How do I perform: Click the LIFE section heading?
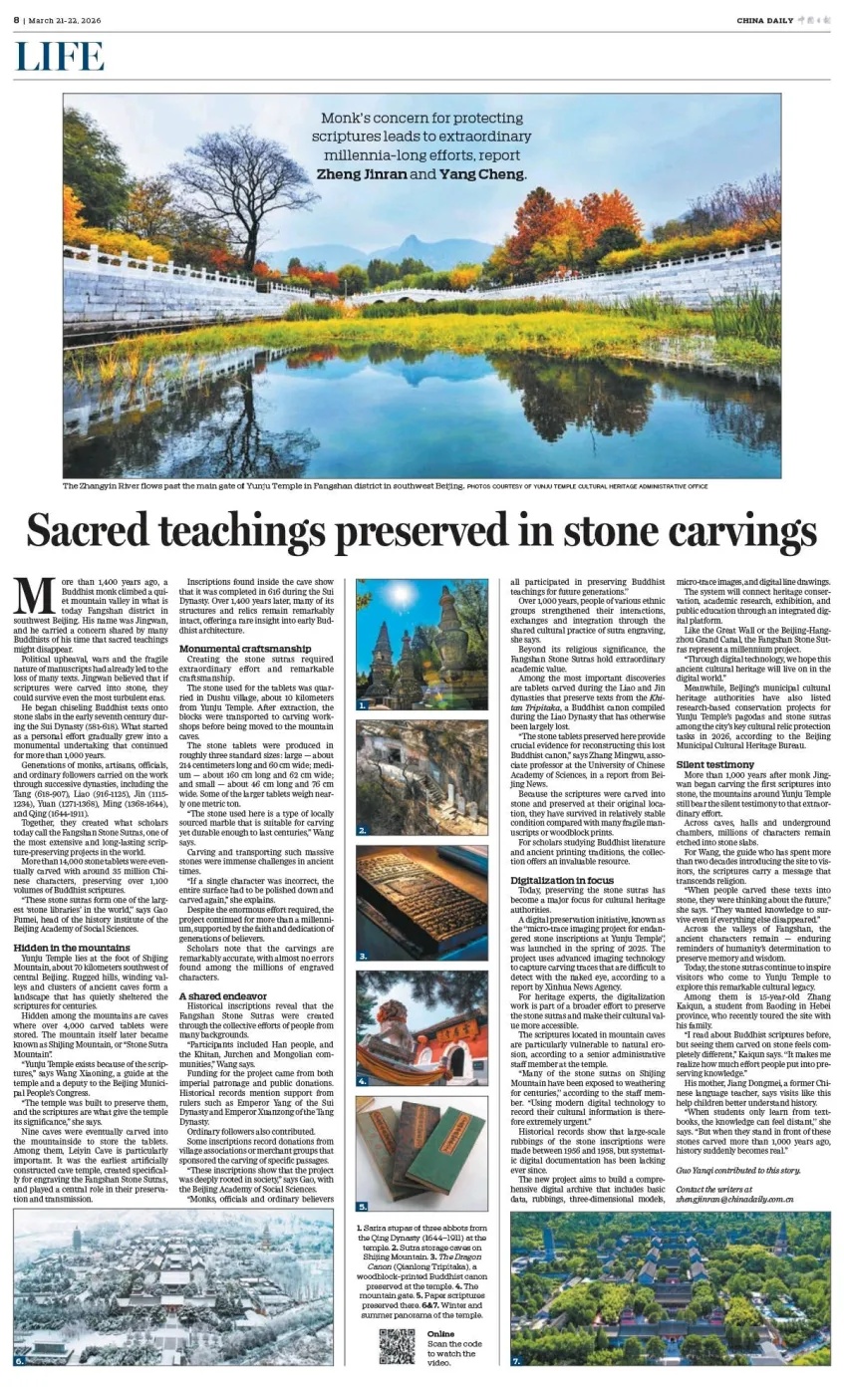(x=60, y=57)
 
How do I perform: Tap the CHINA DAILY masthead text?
(x=765, y=20)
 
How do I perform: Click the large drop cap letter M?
(x=34, y=596)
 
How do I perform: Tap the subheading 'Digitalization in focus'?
(x=562, y=881)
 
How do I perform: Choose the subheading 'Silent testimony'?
(x=715, y=764)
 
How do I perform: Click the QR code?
(x=397, y=1346)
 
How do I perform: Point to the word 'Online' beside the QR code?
(x=440, y=1333)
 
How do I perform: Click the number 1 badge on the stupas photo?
(x=364, y=703)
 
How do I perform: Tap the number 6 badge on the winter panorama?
(x=19, y=1360)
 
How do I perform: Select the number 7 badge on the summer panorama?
(x=516, y=1360)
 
